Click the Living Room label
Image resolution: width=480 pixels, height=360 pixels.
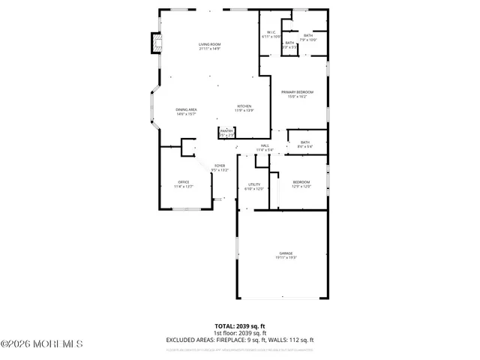click(209, 46)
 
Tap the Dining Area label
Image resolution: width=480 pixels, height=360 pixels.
click(187, 112)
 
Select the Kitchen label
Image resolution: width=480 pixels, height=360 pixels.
click(244, 108)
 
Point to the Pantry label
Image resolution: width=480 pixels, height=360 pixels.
click(226, 133)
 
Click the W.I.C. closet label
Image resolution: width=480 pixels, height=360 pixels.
click(271, 34)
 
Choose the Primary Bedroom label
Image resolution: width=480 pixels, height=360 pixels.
click(298, 94)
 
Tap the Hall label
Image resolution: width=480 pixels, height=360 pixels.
click(265, 148)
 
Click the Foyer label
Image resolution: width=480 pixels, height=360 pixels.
click(220, 167)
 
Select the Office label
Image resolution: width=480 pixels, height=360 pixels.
click(183, 184)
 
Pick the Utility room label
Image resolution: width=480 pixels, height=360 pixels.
click(253, 186)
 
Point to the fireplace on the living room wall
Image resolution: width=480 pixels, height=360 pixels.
click(156, 43)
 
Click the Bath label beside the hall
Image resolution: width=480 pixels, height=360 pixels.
click(305, 144)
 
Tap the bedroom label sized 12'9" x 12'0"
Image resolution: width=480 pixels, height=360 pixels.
click(301, 184)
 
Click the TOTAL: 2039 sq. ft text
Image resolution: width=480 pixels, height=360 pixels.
click(240, 326)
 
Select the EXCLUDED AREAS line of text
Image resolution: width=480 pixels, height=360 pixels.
click(240, 339)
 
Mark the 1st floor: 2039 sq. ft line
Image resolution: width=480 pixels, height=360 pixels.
click(240, 333)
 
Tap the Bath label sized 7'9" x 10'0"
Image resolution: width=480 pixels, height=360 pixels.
click(308, 37)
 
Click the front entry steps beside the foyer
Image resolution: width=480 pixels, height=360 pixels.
click(219, 199)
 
